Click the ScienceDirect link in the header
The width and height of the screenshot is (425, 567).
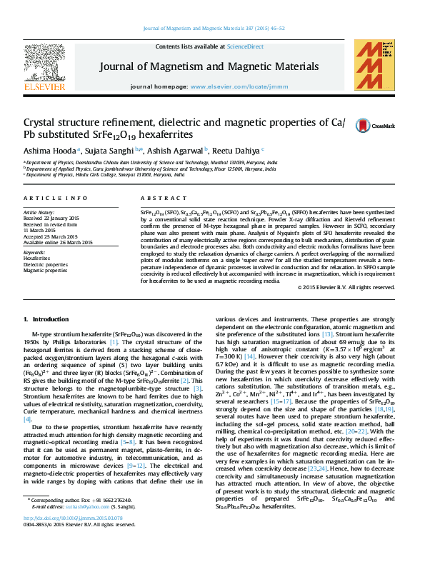click(x=245, y=46)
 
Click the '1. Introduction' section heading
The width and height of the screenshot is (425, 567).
click(x=46, y=318)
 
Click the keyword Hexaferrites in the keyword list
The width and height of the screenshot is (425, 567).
click(x=37, y=259)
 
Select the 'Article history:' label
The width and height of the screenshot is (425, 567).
click(x=39, y=213)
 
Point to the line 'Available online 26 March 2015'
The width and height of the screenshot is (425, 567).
click(x=59, y=241)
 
